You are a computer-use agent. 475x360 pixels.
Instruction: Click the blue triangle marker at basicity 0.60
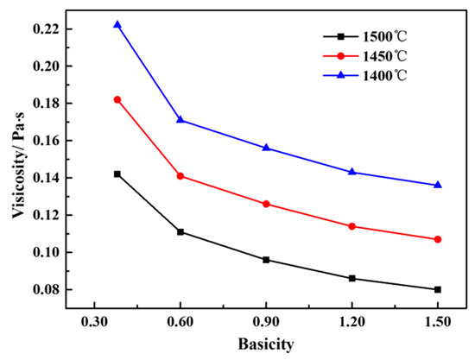click(x=180, y=119)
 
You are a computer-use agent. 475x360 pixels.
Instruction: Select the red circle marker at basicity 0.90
click(x=266, y=204)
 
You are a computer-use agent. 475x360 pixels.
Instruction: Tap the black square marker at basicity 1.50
click(x=438, y=289)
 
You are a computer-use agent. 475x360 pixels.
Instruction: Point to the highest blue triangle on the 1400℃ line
click(x=117, y=24)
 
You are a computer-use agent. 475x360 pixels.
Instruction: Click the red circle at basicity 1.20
click(x=351, y=226)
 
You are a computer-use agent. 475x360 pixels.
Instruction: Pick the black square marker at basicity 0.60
click(x=180, y=231)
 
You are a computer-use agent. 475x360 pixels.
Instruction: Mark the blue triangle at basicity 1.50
click(x=438, y=185)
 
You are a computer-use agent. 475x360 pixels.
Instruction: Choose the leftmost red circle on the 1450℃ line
click(x=117, y=99)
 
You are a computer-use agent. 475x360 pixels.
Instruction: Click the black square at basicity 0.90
click(x=266, y=260)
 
